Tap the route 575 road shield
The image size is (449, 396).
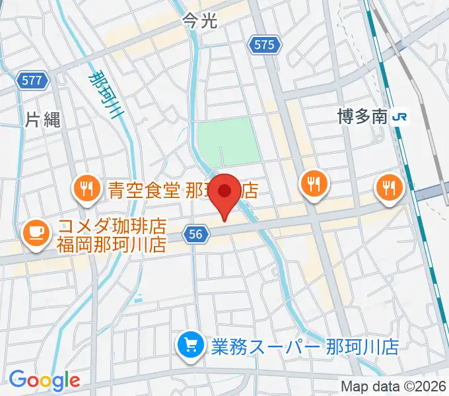click(264, 45)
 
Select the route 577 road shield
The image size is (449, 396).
click(31, 81)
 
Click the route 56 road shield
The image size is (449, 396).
click(197, 234)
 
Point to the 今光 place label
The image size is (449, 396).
click(199, 22)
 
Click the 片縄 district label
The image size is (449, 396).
click(43, 119)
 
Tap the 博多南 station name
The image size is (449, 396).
click(361, 117)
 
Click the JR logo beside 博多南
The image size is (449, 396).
click(400, 117)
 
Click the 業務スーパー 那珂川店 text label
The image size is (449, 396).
click(304, 346)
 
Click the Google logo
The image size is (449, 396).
click(44, 380)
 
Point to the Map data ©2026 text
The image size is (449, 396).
click(394, 385)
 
